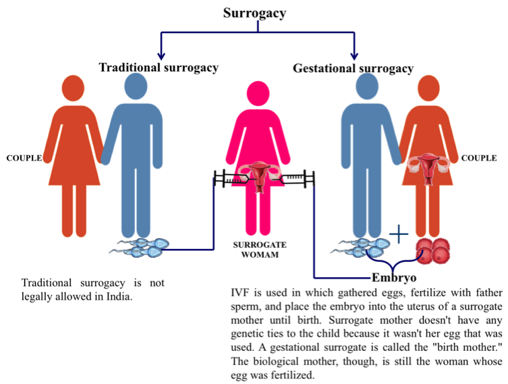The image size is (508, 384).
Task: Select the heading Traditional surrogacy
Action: pos(159,67)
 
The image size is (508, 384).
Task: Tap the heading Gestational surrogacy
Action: pos(353,68)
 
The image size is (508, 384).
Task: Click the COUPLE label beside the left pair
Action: pos(23,159)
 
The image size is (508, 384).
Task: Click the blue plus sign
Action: pos(399,234)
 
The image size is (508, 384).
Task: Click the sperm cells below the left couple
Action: pos(138,249)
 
